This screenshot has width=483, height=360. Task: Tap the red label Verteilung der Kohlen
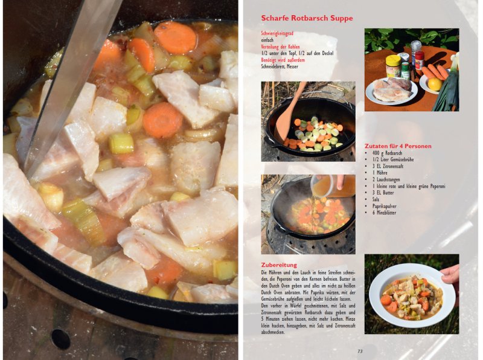[x=280, y=47]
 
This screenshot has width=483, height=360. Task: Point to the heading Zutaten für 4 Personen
[x=398, y=146]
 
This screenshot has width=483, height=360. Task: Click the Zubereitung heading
[x=278, y=265]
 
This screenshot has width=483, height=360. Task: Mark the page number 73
[x=360, y=351]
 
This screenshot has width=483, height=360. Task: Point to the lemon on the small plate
[x=434, y=84]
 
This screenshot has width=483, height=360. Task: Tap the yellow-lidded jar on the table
[x=393, y=65]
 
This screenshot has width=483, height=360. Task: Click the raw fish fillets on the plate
[x=391, y=89]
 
